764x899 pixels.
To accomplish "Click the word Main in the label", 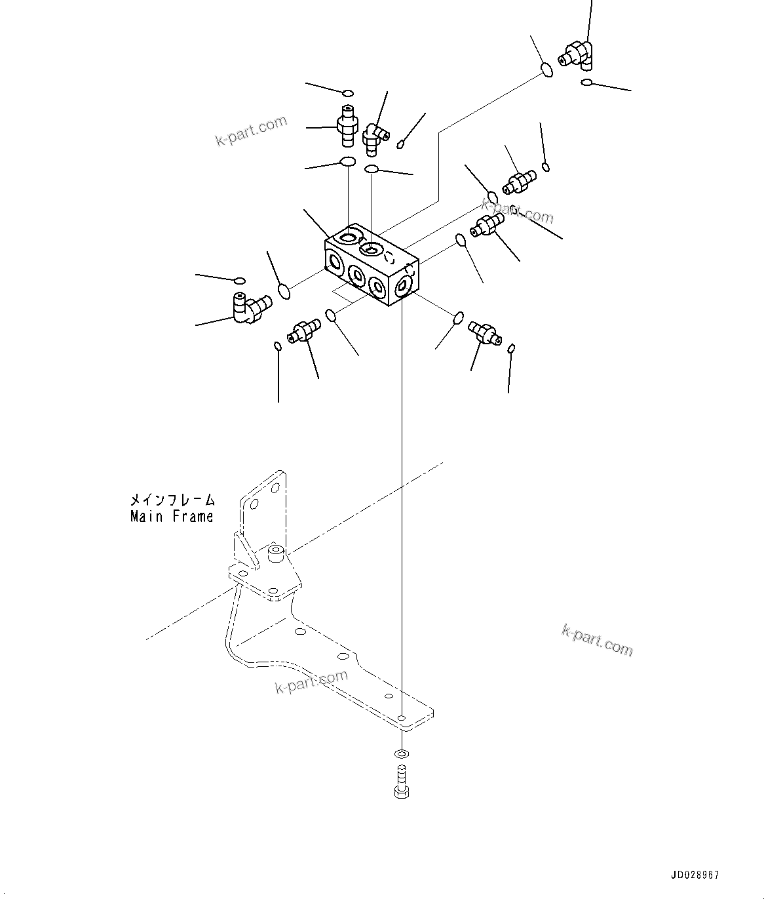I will (x=147, y=517).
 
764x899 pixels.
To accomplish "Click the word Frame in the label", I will (x=194, y=517).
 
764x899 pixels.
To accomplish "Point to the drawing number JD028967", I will (x=695, y=875).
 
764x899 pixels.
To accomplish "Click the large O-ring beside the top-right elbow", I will (x=546, y=69).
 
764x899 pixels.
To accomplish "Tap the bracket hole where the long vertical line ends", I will (x=402, y=717).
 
